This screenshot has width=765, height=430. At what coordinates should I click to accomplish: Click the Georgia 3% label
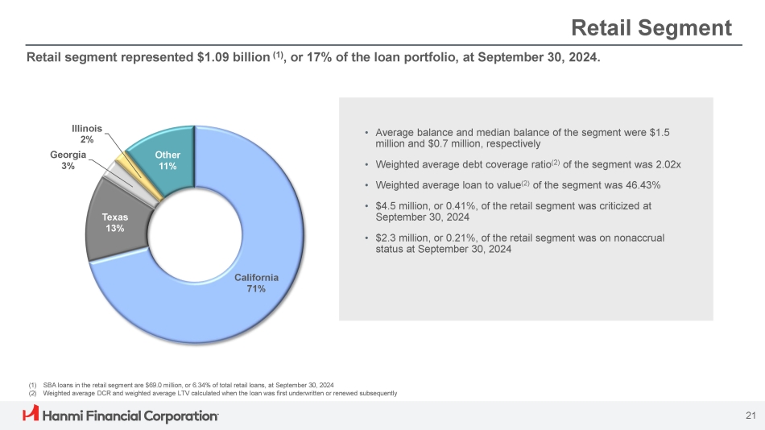[x=68, y=159]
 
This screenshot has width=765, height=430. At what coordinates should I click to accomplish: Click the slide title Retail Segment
[x=651, y=28]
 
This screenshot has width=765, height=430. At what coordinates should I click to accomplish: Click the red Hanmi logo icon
[x=31, y=415]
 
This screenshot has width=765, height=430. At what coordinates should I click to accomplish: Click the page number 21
[x=751, y=416]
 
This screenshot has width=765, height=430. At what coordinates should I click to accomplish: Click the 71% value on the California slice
[x=256, y=289]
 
